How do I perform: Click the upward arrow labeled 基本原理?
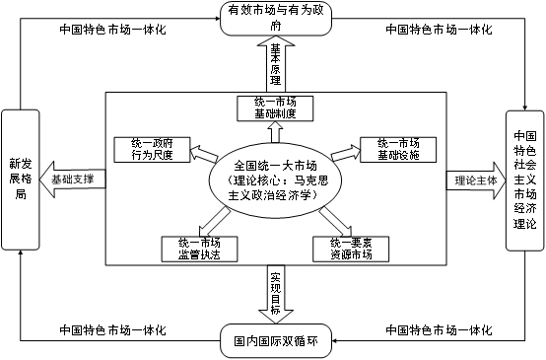274,65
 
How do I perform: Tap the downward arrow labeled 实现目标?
274,292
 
